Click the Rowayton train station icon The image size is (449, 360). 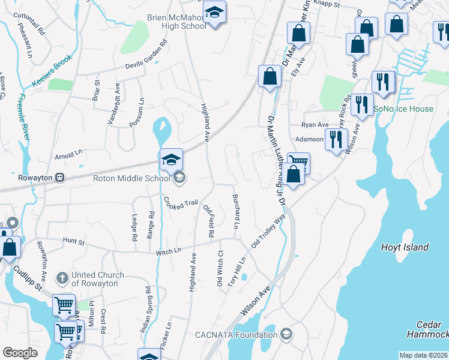pos(60,178)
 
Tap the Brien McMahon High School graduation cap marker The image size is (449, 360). pos(214,13)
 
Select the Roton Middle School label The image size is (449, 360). pos(132,178)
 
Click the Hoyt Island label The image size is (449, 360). pos(405,247)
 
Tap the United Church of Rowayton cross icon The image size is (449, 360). pos(62,278)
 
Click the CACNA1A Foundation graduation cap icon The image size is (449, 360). pos(287,334)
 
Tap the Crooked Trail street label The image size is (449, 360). pos(181,203)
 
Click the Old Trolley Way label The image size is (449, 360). pos(267,233)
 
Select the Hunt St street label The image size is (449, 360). pos(74,241)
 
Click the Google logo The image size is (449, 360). pos(20,353)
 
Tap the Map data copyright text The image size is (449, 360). pos(423,355)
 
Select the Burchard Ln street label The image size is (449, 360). pos(236,212)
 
